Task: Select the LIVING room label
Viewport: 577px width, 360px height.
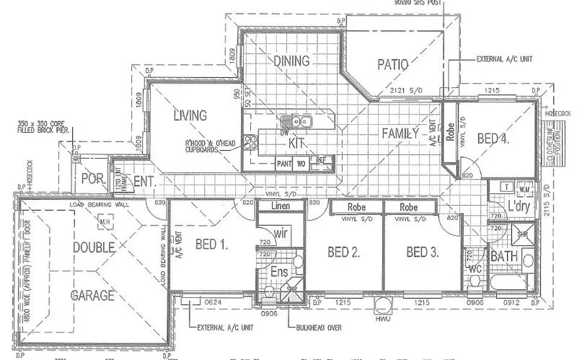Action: click(x=190, y=115)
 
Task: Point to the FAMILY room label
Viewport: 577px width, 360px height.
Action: click(x=400, y=132)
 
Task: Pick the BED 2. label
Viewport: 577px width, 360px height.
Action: click(x=343, y=252)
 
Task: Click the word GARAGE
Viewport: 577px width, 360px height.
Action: click(x=92, y=295)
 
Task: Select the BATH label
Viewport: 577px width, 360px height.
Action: click(x=505, y=256)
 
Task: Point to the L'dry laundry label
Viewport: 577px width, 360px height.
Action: click(x=519, y=207)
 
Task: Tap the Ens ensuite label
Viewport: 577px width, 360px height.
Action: click(x=279, y=271)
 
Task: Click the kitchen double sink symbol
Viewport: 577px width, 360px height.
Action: click(x=297, y=120)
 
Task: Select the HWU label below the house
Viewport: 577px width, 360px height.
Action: click(x=382, y=317)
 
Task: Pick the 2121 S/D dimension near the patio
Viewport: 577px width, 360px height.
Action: click(x=407, y=91)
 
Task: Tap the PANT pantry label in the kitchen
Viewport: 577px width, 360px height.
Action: click(x=284, y=163)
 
